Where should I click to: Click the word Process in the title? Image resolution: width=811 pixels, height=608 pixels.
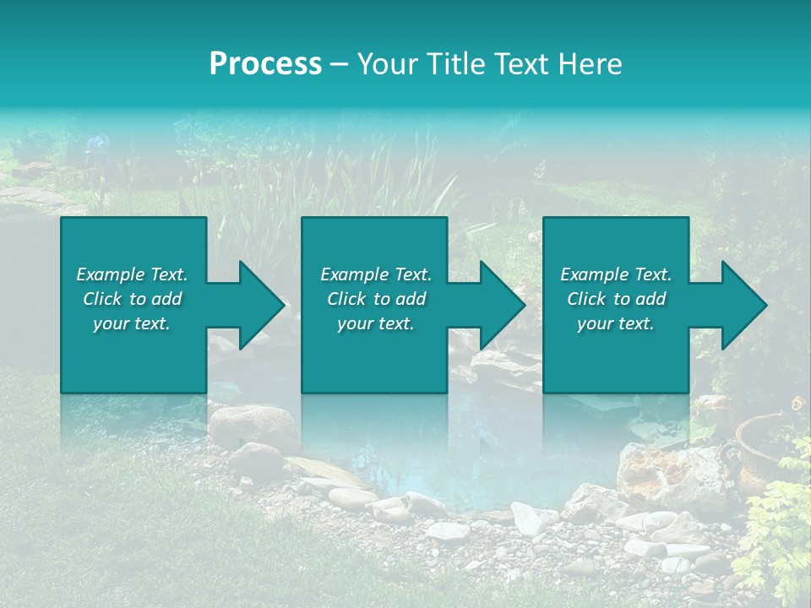[x=265, y=64]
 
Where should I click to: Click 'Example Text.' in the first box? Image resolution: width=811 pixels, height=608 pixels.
[x=132, y=274]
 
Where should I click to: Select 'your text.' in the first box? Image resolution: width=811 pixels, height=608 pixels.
[x=132, y=323]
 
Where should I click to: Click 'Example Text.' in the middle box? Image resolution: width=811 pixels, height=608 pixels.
[x=376, y=274]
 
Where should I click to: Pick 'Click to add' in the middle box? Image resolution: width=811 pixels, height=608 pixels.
[x=376, y=299]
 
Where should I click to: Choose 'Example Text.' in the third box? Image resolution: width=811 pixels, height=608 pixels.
[x=616, y=274]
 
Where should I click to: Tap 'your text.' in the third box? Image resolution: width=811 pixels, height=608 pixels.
[x=616, y=323]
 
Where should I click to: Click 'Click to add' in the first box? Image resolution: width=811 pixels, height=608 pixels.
[x=132, y=299]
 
